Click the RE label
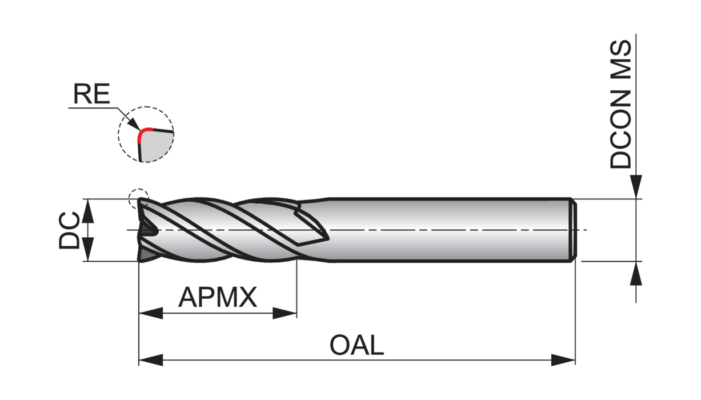(91, 94)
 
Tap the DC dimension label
(69, 230)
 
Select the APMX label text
(218, 297)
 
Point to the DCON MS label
(621, 105)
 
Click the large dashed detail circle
(146, 134)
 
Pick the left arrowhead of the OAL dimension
(150, 360)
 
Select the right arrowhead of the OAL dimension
(563, 360)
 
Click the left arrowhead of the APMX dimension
(150, 313)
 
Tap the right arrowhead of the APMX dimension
(285, 313)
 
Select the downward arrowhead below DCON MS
(636, 187)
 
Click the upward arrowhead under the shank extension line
(636, 273)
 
